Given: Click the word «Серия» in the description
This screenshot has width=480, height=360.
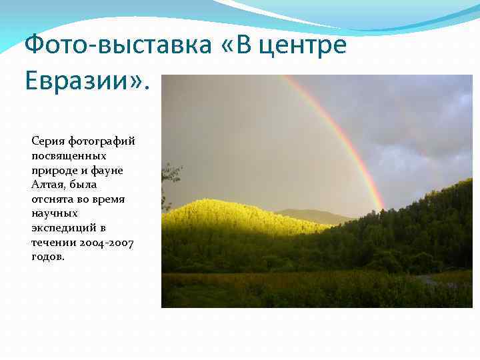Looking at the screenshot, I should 47,141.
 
